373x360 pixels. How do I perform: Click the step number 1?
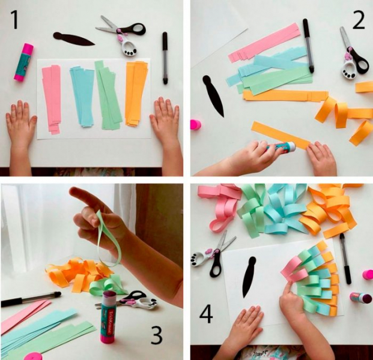point(15,20)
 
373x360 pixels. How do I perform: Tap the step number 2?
point(358,20)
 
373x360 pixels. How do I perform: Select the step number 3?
point(156,335)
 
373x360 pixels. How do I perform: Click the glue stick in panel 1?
point(23,62)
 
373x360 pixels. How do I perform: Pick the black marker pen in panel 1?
point(165,58)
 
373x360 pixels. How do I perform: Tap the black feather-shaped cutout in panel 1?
point(73,39)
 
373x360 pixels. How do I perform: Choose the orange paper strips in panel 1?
point(136,93)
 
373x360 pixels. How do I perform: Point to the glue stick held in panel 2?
point(281,147)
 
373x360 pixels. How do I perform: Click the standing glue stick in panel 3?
point(108,317)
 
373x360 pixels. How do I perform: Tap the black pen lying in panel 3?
point(31,298)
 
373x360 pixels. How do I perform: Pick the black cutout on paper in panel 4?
point(249,277)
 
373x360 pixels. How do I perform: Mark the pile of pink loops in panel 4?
point(220,207)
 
